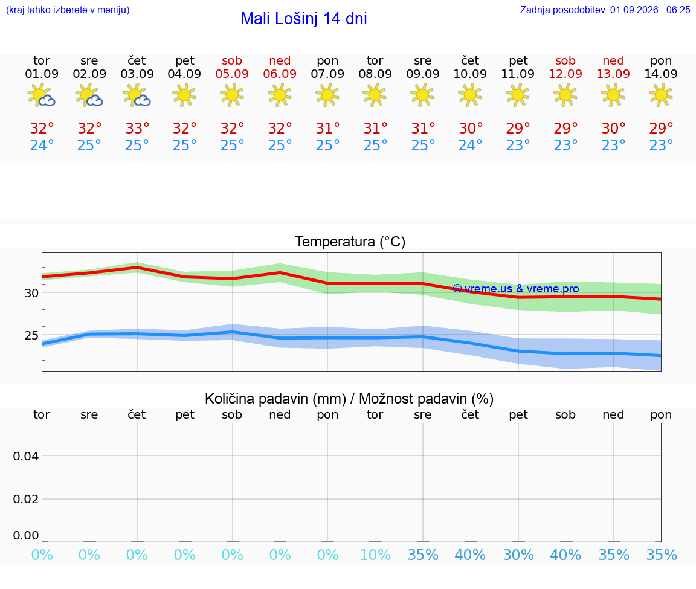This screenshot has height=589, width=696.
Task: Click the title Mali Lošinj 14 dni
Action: (x=304, y=19)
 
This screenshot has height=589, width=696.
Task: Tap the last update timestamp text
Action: (x=605, y=10)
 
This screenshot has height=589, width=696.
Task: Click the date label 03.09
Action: (x=137, y=74)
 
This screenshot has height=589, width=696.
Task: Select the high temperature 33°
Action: (x=137, y=128)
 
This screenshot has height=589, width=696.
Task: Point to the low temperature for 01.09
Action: (x=42, y=145)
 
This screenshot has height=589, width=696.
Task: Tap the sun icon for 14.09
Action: (x=661, y=95)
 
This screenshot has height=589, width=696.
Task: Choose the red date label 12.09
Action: (x=565, y=74)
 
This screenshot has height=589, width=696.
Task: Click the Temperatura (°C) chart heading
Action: (x=350, y=242)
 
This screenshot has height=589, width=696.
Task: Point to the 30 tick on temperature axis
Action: (x=31, y=293)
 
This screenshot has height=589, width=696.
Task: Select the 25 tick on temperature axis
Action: (x=31, y=335)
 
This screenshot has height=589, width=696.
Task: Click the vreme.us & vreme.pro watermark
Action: (x=516, y=289)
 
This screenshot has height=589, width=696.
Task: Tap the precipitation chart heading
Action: (x=349, y=399)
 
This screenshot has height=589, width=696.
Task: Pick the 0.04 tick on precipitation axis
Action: (x=26, y=456)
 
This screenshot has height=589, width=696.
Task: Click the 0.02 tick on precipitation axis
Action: (x=26, y=499)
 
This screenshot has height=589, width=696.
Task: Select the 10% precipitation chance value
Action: (x=376, y=555)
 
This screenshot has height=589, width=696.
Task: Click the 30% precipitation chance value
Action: (x=518, y=555)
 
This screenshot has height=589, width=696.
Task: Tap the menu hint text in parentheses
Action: (x=68, y=10)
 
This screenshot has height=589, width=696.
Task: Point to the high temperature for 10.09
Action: (x=471, y=128)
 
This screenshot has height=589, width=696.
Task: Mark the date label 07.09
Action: (x=327, y=74)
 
